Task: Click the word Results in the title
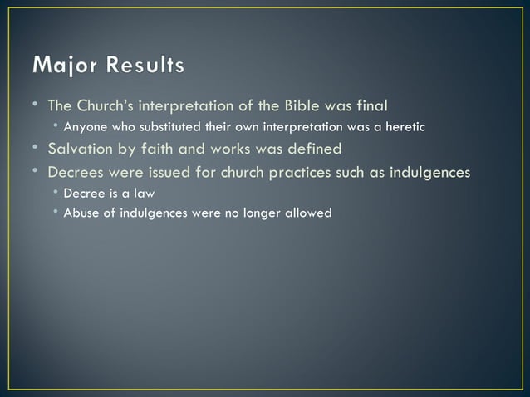(144, 66)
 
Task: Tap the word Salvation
(82, 150)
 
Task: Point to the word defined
(312, 150)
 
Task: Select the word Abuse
(81, 213)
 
